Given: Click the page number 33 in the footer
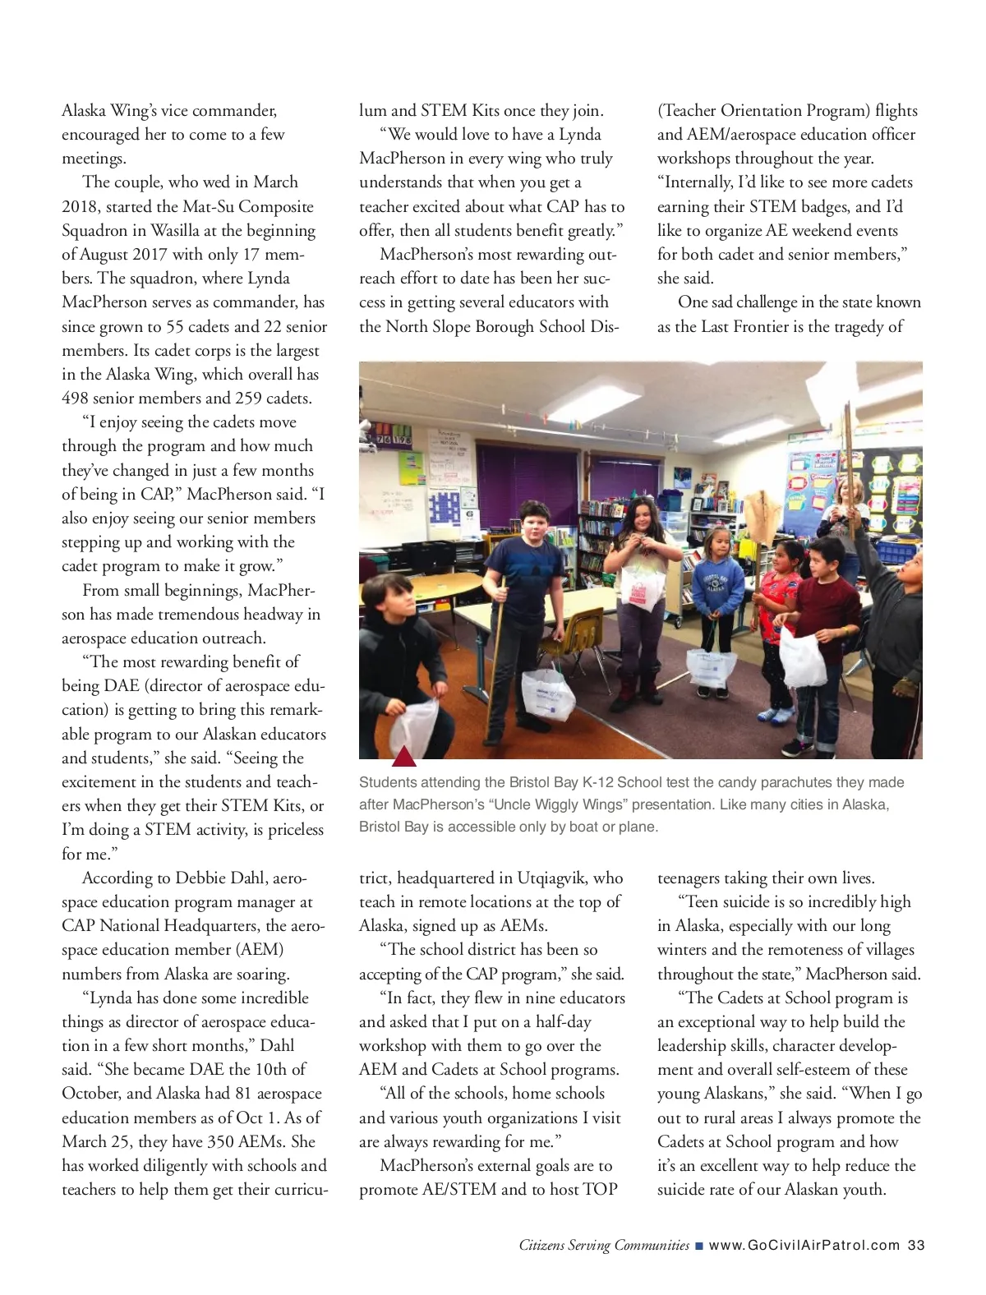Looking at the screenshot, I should click(x=916, y=1245).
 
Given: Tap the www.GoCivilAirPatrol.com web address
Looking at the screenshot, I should click(x=804, y=1245).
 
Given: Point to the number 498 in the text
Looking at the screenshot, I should click(x=76, y=399).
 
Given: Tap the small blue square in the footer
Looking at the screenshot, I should click(x=698, y=1246).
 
